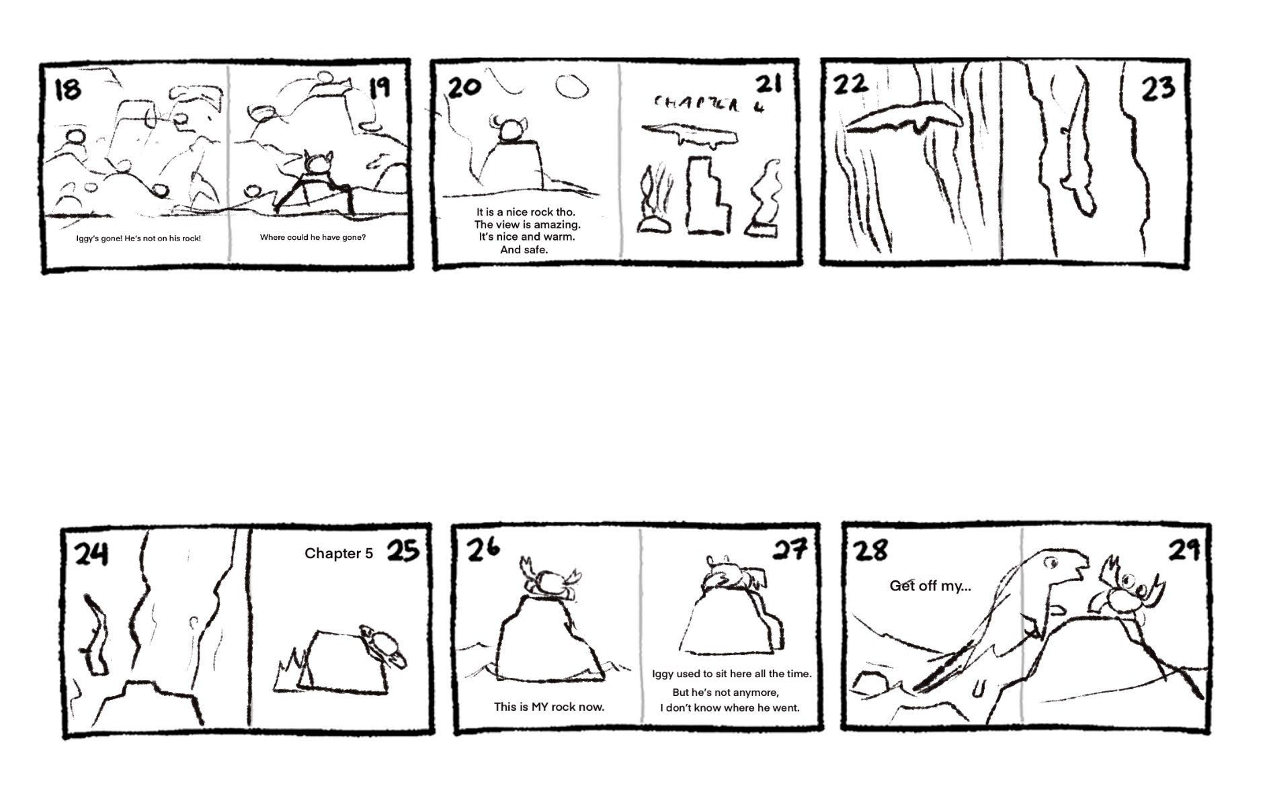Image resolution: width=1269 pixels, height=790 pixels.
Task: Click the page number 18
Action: point(67,89)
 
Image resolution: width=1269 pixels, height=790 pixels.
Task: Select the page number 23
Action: point(1157,88)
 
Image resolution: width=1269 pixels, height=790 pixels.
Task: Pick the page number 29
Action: point(1184,550)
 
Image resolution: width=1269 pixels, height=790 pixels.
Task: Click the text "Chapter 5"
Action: point(338,554)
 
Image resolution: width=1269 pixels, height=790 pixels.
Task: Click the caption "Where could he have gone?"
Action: point(313,237)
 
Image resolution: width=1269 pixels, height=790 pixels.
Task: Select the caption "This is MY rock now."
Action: point(549,707)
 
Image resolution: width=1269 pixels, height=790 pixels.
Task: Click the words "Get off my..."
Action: point(930,586)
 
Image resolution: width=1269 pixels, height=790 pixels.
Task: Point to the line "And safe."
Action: point(524,250)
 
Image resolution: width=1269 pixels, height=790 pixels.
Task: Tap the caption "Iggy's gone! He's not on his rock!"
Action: point(138,238)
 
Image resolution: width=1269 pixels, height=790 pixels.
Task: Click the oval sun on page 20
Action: point(572,87)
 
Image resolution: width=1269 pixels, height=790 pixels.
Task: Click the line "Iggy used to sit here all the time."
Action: point(732,673)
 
